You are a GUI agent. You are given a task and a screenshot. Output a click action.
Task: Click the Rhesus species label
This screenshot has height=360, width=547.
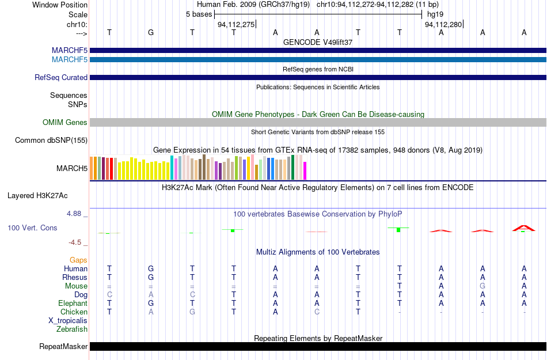tap(75, 277)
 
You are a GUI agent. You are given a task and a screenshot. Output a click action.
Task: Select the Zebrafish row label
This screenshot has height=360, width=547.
tap(72, 329)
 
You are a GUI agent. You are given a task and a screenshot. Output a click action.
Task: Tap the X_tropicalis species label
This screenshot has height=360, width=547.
tap(68, 321)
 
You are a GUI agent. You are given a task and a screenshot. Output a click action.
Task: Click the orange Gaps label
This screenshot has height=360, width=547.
tap(78, 260)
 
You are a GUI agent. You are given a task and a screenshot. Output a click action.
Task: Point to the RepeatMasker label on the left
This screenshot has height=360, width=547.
tap(63, 346)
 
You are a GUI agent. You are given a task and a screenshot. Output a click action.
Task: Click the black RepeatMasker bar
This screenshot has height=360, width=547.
tap(318, 346)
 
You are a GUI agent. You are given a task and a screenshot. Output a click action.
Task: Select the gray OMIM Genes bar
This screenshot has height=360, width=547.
tap(318, 122)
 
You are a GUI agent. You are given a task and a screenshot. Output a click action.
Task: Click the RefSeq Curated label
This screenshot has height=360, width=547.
tap(61, 77)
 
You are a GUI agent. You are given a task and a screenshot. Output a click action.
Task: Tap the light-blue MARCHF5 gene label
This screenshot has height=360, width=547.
tap(70, 60)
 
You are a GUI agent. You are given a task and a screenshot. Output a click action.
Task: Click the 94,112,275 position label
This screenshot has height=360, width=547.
tap(236, 24)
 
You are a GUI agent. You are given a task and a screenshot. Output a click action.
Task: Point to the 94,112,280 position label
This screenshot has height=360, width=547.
tap(443, 24)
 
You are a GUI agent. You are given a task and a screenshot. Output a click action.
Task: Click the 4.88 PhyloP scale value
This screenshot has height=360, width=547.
tap(74, 214)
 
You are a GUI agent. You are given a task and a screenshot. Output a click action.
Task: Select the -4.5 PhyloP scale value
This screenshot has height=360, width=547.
tap(75, 242)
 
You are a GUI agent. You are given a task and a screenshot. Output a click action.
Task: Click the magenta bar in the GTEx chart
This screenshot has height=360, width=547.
tap(305, 171)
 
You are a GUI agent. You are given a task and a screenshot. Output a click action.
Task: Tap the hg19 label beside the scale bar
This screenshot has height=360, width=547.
tap(435, 14)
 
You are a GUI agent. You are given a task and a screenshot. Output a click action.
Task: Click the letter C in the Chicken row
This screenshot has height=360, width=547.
tap(317, 312)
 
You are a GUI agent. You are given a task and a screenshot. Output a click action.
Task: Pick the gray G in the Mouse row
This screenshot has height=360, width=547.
tap(483, 286)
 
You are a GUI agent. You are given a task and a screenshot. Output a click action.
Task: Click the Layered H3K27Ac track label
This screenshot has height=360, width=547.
tap(37, 196)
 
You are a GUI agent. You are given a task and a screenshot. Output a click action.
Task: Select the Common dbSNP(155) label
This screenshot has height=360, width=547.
tap(51, 140)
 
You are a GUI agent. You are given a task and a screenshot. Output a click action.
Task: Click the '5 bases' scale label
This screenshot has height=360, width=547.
tap(199, 14)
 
